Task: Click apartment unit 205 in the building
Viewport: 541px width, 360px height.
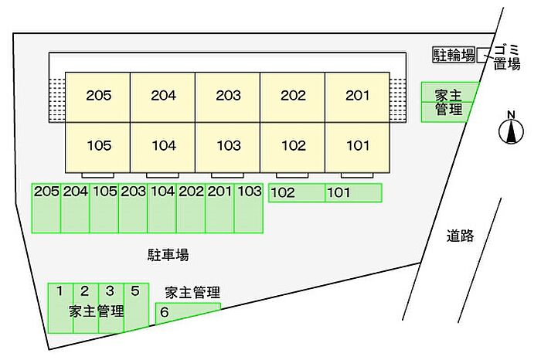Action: [x=97, y=96]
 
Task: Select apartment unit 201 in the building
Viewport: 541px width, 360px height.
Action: [x=357, y=96]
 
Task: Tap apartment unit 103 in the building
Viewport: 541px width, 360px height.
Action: [x=228, y=145]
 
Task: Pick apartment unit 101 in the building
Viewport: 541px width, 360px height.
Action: [x=357, y=145]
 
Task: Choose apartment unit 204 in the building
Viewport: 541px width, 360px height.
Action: [x=163, y=96]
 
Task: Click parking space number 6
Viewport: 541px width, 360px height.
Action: [x=185, y=312]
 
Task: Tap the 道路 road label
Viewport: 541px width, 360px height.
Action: [x=460, y=236]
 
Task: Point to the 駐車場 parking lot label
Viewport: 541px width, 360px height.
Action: [x=168, y=253]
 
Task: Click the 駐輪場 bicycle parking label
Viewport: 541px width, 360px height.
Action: [x=453, y=55]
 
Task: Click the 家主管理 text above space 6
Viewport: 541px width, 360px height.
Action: [x=192, y=292]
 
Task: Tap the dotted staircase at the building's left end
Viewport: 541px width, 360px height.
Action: [x=56, y=99]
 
